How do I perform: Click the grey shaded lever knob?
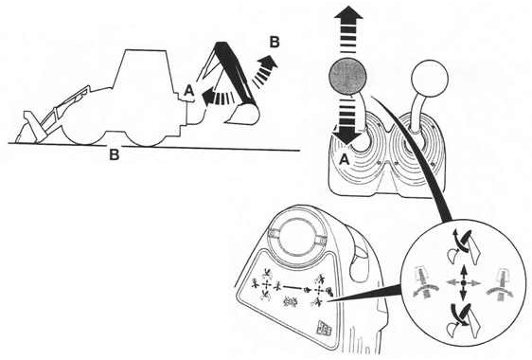point(348,77)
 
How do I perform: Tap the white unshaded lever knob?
point(430,78)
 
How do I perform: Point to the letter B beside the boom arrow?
point(275,43)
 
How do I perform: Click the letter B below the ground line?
point(114,154)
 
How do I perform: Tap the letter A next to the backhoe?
point(188,91)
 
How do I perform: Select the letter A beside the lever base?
point(344,159)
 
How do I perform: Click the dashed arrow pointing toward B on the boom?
point(265,71)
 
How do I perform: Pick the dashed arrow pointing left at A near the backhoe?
point(218,96)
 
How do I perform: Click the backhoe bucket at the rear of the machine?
point(242,114)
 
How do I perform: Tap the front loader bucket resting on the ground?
point(27,128)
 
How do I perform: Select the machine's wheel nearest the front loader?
point(82,127)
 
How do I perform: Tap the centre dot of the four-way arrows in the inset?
point(463,282)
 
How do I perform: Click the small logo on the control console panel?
point(323,328)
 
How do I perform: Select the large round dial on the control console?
point(297,237)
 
